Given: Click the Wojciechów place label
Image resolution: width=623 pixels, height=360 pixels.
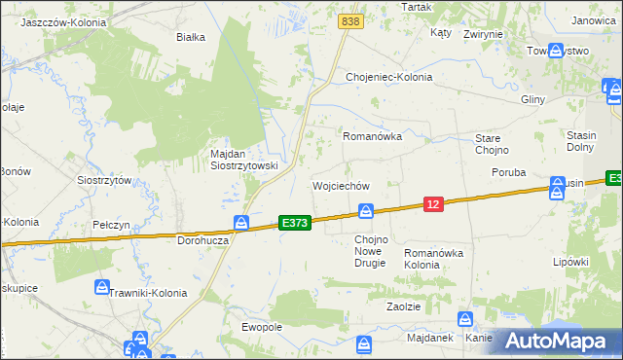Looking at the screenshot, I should (341, 185).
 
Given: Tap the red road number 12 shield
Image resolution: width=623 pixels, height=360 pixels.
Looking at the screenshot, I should (433, 203).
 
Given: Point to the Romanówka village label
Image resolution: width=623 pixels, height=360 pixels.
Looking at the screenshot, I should (372, 137).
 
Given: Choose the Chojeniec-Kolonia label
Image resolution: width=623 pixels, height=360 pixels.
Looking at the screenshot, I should (389, 77).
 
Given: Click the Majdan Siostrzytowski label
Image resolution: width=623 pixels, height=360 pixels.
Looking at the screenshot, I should (244, 160).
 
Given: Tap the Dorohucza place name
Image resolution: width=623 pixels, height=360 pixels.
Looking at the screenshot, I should (202, 239).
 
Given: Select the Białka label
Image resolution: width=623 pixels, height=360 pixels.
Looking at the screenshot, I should (190, 38).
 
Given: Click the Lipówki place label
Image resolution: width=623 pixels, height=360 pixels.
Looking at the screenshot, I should (571, 262).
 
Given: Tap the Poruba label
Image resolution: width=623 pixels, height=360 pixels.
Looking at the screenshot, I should (509, 172).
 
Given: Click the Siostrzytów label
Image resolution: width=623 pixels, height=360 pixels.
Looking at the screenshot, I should (104, 180).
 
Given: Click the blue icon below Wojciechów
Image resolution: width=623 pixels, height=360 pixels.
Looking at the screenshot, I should (366, 211).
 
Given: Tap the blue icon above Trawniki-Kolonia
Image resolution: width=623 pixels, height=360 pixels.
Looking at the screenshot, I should (102, 288).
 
